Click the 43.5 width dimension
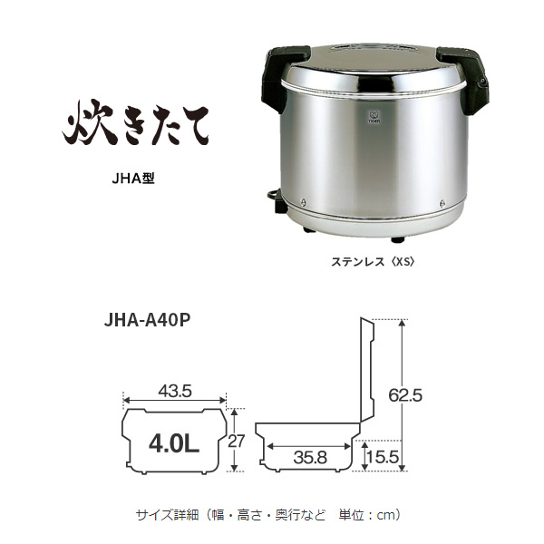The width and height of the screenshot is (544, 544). coord(175,392)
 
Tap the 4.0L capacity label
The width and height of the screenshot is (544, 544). coord(174,444)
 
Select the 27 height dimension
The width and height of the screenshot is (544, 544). coord(237,441)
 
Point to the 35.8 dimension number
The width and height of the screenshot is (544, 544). coord(310,458)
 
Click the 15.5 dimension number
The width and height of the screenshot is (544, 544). coord(383,457)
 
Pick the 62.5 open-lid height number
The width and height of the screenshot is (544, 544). coord(405,394)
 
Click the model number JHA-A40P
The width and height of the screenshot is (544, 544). coord(147,320)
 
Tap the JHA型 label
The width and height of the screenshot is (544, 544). coord(133,179)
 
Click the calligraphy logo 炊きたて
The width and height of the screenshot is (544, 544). coord(136,123)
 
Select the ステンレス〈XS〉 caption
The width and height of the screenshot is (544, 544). coord(373,262)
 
